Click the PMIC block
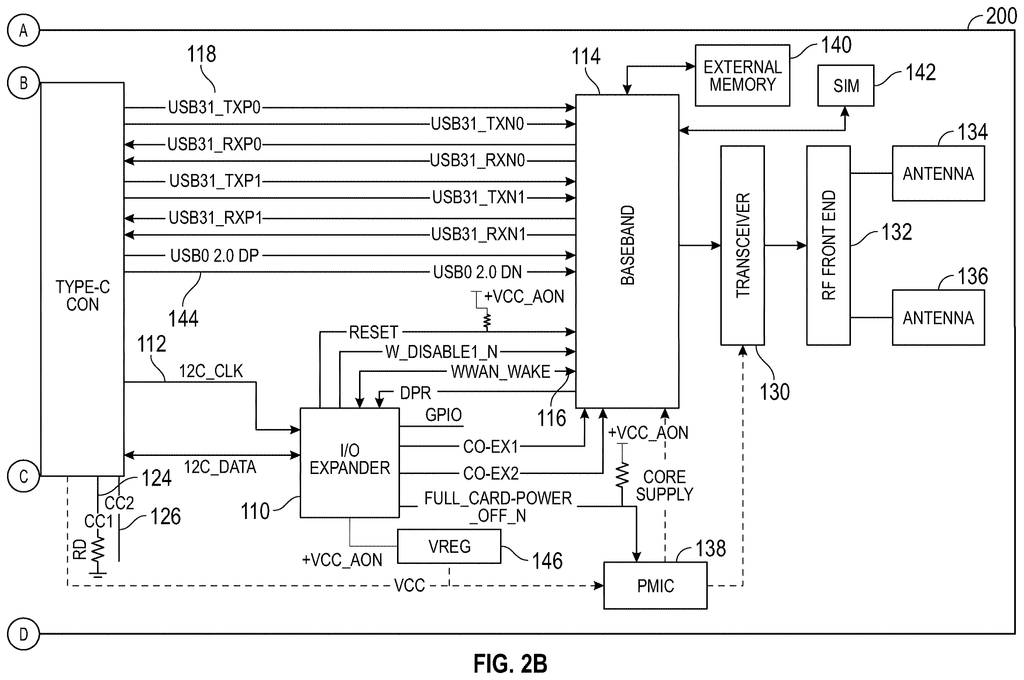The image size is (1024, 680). coord(655,585)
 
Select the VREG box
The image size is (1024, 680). coord(449,547)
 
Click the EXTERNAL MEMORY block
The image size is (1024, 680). coord(742,76)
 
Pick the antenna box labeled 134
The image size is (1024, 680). coord(938,174)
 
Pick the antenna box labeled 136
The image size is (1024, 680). coord(938,317)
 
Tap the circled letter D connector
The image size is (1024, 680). coord(24,634)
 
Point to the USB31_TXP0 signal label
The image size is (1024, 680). coord(214,108)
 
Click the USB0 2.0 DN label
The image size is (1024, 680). coord(477,272)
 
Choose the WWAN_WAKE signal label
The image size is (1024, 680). coord(500,372)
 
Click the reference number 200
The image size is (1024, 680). coord(1001,17)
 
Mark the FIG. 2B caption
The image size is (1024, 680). coord(510,663)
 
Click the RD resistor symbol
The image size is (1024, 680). coord(98,552)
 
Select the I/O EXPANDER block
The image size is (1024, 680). coord(349,462)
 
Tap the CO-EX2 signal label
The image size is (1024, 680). coord(491,474)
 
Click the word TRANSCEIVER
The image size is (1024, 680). coord(743,245)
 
